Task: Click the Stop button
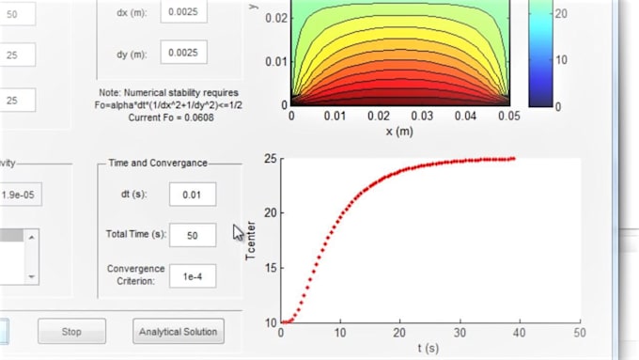pos(71,331)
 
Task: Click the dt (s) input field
pos(193,195)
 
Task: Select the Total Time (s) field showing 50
pos(193,235)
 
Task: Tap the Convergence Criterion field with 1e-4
pos(193,275)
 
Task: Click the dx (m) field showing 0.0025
pos(183,13)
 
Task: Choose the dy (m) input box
pos(183,54)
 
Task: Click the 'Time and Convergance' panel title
pos(158,163)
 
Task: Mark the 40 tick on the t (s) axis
pos(521,333)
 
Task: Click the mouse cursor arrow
pos(239,231)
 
